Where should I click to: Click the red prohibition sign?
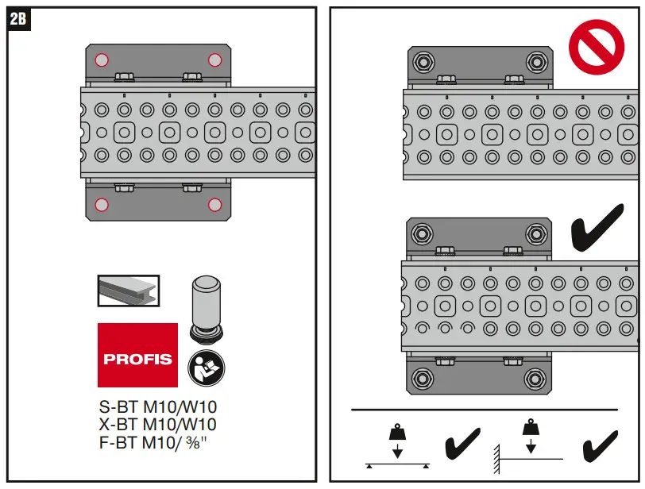[597, 45]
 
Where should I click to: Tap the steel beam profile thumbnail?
[128, 291]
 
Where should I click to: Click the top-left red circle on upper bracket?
[100, 60]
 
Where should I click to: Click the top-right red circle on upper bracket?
[214, 60]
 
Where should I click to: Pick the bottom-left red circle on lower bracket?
[100, 206]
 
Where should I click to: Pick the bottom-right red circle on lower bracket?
[214, 206]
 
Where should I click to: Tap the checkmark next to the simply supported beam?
[461, 445]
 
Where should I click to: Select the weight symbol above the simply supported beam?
[397, 434]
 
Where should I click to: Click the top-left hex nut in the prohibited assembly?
[423, 63]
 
